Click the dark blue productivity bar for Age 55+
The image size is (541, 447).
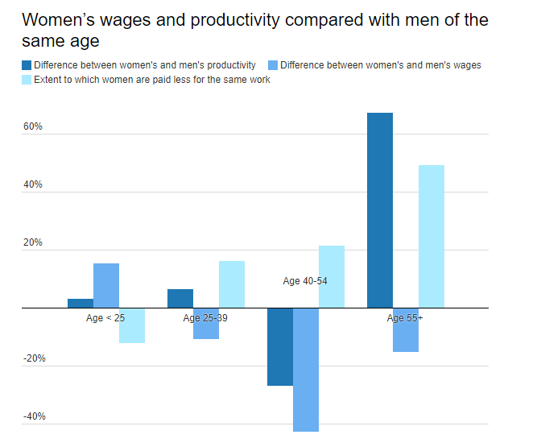point(380,210)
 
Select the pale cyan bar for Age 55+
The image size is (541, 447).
point(432,236)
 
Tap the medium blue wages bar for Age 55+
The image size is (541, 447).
point(406,330)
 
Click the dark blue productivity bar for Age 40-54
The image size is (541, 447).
point(280,346)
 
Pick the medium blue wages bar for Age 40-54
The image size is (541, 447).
point(306,370)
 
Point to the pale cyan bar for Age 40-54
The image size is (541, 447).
point(332,276)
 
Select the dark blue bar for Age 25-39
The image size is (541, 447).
point(180,298)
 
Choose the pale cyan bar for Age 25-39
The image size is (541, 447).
point(232,284)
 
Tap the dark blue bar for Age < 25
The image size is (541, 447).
point(81,303)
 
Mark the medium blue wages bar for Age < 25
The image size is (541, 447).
point(106,285)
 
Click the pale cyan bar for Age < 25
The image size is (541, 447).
point(132,326)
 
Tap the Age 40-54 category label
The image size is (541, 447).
point(305,281)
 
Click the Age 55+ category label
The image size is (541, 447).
point(405,318)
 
